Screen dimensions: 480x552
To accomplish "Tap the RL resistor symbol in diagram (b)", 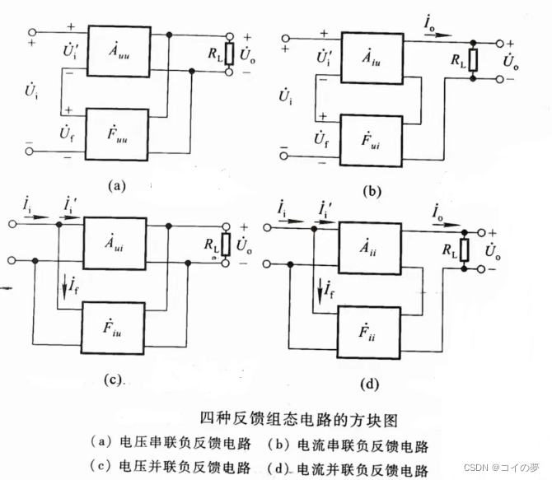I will pos(472,63).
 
